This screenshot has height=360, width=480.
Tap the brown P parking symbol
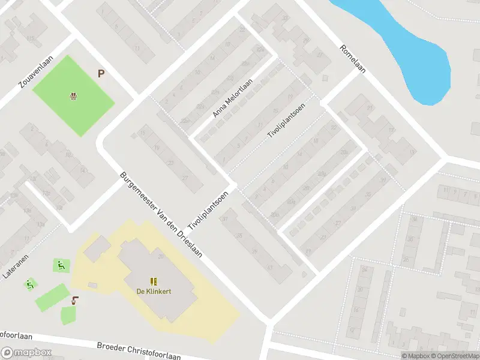[x=101, y=74]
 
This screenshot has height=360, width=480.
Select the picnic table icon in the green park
[x=73, y=95]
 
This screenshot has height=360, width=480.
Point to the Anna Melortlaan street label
[x=233, y=98]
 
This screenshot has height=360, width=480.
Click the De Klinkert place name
[x=154, y=292]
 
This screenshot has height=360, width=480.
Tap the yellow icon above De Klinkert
[x=154, y=281]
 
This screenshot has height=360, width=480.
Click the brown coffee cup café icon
[x=74, y=300]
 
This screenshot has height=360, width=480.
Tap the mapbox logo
[x=26, y=353]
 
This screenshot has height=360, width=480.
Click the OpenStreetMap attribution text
[x=456, y=356]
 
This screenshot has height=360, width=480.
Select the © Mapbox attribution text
[x=416, y=356]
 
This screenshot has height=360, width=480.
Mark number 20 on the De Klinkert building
[x=161, y=257]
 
